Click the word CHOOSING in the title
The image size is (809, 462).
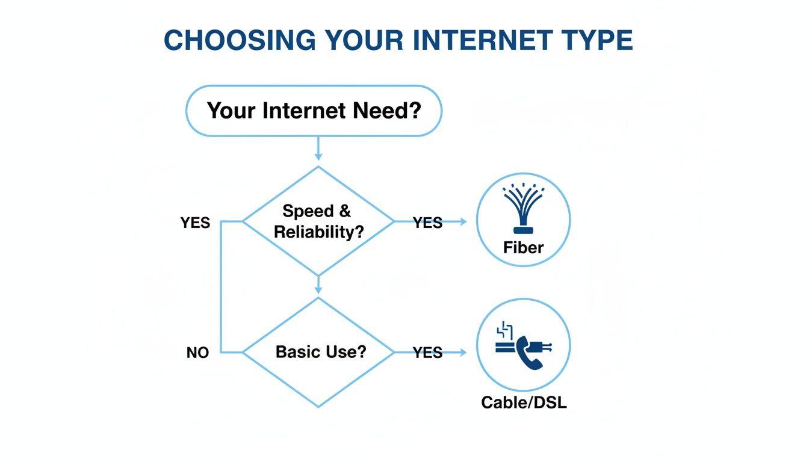240,40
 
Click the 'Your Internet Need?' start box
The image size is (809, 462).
314,111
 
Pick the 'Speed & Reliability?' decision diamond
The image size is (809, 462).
318,221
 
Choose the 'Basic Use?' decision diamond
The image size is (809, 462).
318,352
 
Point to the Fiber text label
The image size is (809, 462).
523,247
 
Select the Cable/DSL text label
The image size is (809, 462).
524,402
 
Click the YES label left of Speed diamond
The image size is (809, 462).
196,223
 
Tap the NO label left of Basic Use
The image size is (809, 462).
197,353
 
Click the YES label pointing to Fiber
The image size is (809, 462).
427,223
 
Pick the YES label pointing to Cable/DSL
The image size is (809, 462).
427,353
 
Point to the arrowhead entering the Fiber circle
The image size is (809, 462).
462,221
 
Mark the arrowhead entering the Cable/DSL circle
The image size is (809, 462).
462,353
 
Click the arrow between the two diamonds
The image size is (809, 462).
318,286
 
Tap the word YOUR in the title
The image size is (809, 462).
359,40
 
